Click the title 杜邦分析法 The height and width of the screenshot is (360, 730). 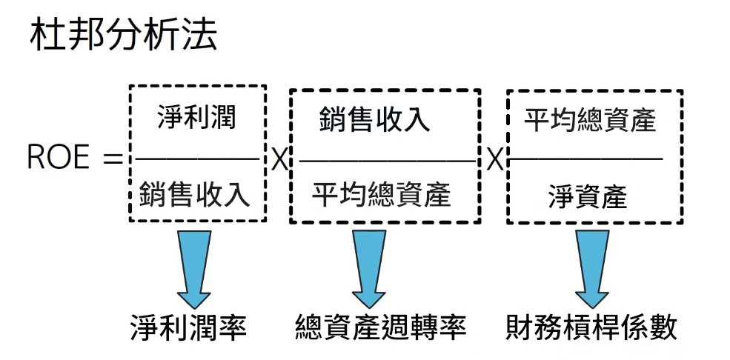tap(123, 36)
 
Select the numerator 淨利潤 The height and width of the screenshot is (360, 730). tap(196, 117)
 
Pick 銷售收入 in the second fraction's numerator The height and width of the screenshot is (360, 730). tap(375, 119)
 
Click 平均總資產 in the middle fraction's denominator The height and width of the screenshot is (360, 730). tap(381, 196)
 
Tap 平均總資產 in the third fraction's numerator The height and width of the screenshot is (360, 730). tap(591, 119)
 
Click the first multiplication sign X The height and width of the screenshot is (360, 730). tap(278, 159)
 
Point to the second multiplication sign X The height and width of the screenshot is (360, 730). tap(494, 159)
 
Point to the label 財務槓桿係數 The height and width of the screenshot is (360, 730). tap(592, 326)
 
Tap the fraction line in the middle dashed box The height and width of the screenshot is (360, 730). tap(385, 160)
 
